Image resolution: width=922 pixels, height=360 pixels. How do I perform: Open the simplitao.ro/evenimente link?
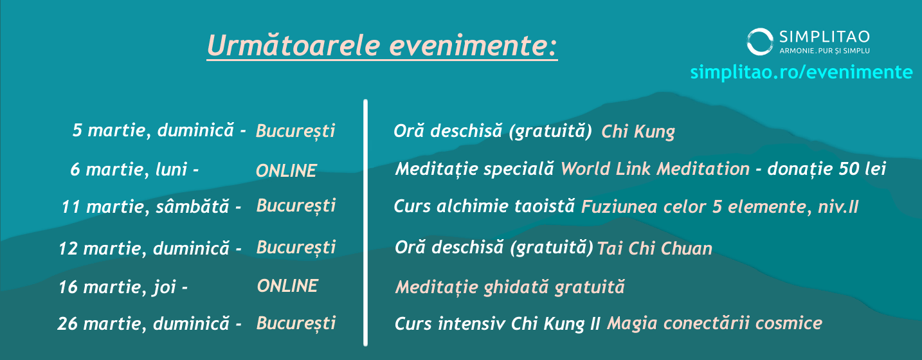[x=801, y=72]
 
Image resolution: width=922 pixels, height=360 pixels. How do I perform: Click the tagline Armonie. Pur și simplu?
[x=824, y=51]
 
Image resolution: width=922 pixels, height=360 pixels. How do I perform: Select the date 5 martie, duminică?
[x=154, y=130]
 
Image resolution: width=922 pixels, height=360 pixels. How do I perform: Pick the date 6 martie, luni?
[x=129, y=169]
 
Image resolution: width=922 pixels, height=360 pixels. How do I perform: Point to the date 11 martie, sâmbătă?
[x=145, y=206]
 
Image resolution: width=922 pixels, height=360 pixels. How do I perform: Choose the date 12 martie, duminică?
[x=144, y=248]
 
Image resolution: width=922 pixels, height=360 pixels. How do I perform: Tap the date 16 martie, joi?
[x=117, y=287]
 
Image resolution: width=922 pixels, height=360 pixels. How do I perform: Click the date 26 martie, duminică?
[x=143, y=323]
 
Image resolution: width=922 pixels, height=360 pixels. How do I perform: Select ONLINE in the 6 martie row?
[x=286, y=171]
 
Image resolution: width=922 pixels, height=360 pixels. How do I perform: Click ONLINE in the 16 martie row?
[x=287, y=286]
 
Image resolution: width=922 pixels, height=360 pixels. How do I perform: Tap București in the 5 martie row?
[x=296, y=131]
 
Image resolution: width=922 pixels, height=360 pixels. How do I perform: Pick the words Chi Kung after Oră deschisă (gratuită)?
[x=638, y=132]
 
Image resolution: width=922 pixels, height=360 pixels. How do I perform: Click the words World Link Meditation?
[x=655, y=168]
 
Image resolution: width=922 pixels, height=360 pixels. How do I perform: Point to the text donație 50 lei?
[x=826, y=169]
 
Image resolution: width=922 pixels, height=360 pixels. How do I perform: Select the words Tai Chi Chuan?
[x=655, y=249]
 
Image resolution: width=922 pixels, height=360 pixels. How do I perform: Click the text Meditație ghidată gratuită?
[x=510, y=287]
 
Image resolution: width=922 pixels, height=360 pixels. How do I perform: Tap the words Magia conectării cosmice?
[x=714, y=323]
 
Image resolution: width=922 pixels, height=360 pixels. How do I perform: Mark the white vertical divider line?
[x=365, y=222]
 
